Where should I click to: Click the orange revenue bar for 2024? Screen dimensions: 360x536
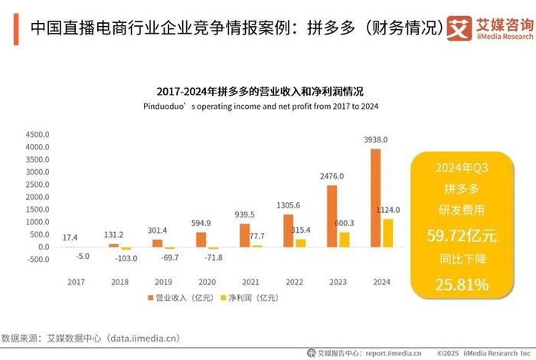[375, 198]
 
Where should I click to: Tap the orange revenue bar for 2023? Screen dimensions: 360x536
[332, 216]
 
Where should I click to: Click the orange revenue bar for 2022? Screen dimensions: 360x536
[288, 231]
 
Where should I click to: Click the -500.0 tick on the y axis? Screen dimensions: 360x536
[37, 260]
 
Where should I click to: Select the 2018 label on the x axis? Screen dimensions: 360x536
[119, 281]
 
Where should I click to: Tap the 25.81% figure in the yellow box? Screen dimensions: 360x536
[461, 285]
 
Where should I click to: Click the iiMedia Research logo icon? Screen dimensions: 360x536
[459, 29]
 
